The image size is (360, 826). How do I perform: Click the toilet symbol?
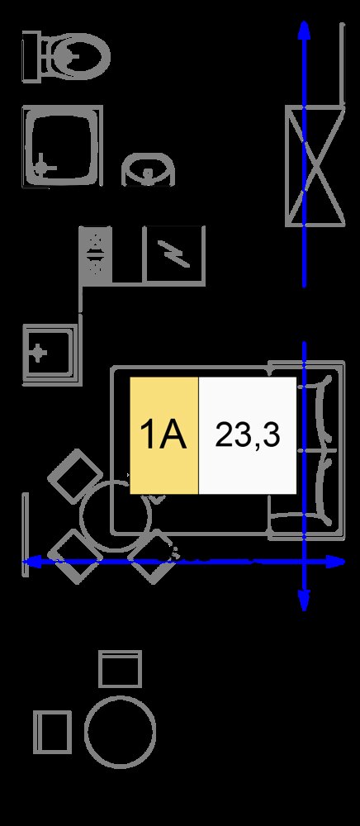[66, 56]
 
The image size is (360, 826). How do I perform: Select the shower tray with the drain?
[62, 146]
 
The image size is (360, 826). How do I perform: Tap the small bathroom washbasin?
[148, 169]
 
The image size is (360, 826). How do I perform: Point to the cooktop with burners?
[95, 254]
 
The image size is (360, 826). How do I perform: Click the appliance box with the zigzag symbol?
[175, 254]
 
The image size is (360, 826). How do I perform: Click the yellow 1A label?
[164, 435]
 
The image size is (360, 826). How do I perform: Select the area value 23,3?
[248, 435]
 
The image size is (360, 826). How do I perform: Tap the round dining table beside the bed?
[116, 515]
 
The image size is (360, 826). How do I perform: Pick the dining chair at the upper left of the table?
[75, 476]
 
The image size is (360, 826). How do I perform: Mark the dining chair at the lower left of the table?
[75, 556]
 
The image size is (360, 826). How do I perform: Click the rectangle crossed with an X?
[315, 166]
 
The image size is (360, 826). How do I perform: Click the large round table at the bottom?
[120, 731]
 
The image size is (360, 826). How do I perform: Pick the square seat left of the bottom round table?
[52, 732]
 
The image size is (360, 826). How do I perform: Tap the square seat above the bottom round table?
[120, 668]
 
